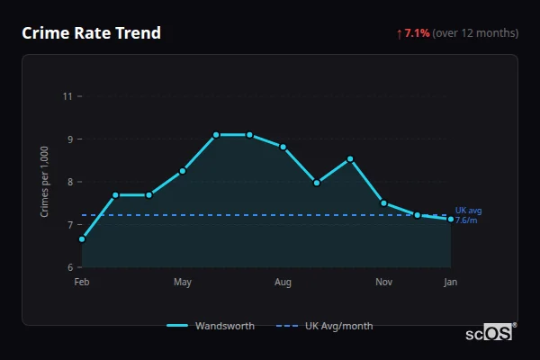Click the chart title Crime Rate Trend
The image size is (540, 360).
pos(91,33)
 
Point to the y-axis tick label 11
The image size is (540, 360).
pos(67,96)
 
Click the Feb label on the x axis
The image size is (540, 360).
pos(82,283)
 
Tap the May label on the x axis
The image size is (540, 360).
pos(183,283)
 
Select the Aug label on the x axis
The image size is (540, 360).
pos(283,283)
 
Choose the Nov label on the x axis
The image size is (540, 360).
pos(383,283)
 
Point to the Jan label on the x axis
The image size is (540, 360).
pos(450,283)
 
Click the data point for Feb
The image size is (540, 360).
pos(82,239)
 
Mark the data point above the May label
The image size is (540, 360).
pos(183,171)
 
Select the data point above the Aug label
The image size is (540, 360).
pos(283,147)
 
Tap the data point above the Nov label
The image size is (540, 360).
pos(383,203)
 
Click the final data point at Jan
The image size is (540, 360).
pos(450,220)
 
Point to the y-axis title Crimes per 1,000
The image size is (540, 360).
pos(45,183)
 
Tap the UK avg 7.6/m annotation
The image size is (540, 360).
pos(468,215)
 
